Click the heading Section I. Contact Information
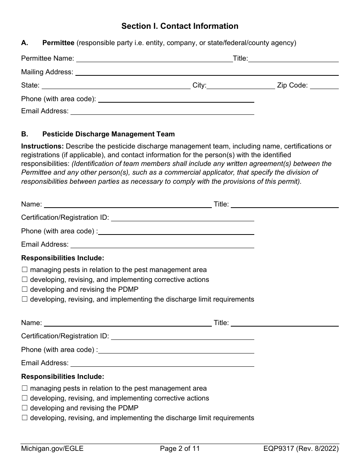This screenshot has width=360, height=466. (x=180, y=26)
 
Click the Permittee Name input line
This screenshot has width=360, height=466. (x=154, y=59)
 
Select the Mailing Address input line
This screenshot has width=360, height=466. (x=207, y=72)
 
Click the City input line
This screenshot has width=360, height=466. (x=241, y=86)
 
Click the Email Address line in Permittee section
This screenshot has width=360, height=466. (x=162, y=111)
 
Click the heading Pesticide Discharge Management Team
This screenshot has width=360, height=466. (x=108, y=134)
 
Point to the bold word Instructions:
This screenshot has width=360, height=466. (x=42, y=146)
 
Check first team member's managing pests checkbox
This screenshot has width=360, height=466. (x=25, y=270)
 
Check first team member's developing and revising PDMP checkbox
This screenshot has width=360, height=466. (x=25, y=289)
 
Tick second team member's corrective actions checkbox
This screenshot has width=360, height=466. (x=25, y=398)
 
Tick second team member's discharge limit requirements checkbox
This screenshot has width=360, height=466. (x=25, y=418)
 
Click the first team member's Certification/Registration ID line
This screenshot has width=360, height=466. (x=182, y=218)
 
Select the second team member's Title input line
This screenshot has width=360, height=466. (x=285, y=323)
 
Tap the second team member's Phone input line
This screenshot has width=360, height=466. (x=176, y=350)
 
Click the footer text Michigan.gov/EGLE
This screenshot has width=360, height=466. (x=52, y=449)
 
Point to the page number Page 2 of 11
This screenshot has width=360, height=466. (x=180, y=449)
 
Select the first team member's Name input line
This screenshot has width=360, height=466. (x=128, y=205)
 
